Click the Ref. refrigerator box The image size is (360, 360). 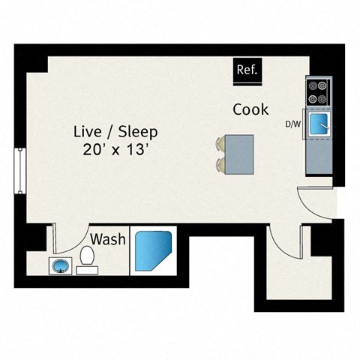(247, 71)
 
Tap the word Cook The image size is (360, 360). (250, 109)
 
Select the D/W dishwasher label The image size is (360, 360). (293, 123)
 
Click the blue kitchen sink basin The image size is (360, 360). (320, 123)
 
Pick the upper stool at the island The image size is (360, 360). (222, 142)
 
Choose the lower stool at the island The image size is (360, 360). (222, 163)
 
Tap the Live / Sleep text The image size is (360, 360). (115, 131)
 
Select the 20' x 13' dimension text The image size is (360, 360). (115, 149)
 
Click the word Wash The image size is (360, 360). (107, 240)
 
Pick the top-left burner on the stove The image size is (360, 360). (313, 85)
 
